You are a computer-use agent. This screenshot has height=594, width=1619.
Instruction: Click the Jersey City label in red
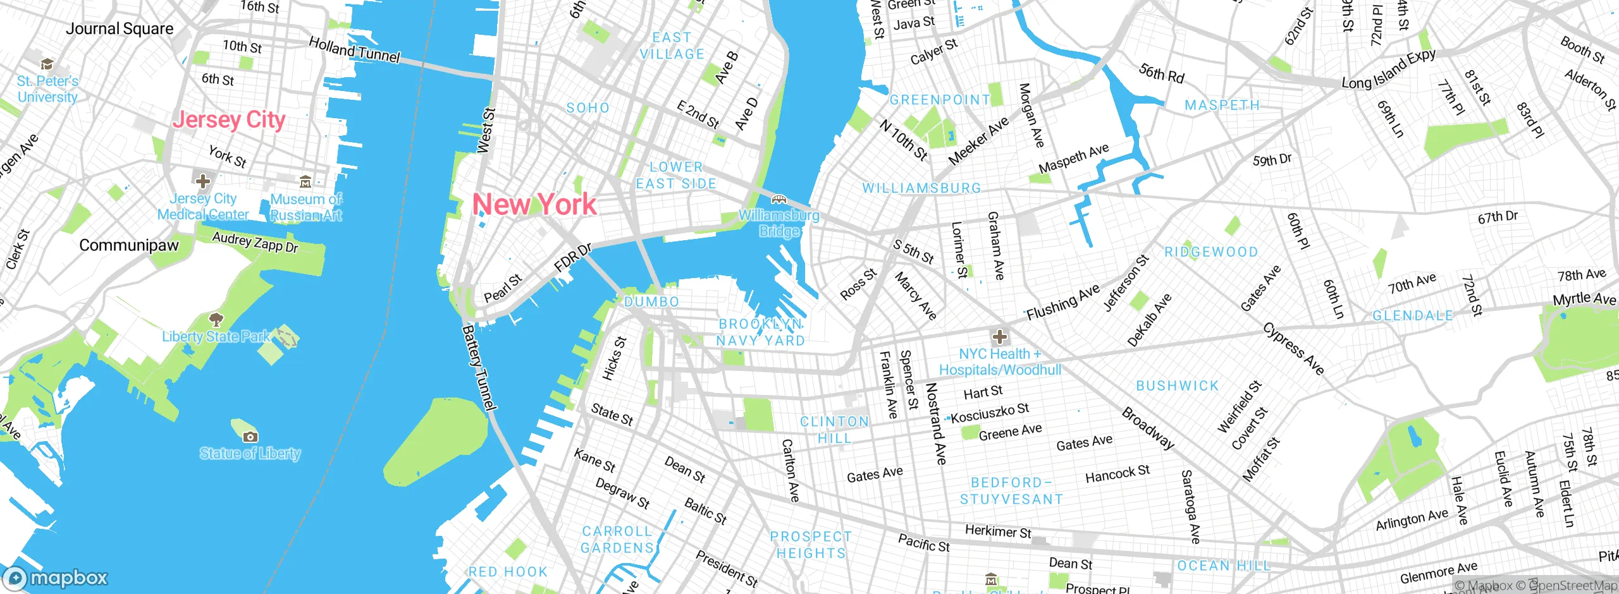pyautogui.click(x=229, y=119)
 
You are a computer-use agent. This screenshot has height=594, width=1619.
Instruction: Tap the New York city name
pyautogui.click(x=534, y=204)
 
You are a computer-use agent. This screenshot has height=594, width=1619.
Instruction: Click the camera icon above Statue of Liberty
pyautogui.click(x=250, y=437)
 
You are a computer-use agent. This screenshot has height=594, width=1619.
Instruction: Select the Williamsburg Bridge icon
pyautogui.click(x=779, y=200)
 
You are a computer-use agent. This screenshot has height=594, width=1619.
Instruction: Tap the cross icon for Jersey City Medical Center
pyautogui.click(x=203, y=181)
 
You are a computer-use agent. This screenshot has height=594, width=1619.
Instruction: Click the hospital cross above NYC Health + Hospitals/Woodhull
pyautogui.click(x=1000, y=337)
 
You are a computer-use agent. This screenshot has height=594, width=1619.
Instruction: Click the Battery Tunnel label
pyautogui.click(x=479, y=368)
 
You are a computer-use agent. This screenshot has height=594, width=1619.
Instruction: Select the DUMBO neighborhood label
pyautogui.click(x=651, y=302)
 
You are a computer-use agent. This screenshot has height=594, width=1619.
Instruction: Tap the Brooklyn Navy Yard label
pyautogui.click(x=760, y=332)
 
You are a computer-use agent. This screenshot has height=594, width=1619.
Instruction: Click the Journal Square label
pyautogui.click(x=120, y=29)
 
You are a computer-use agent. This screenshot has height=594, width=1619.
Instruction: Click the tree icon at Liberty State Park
pyautogui.click(x=216, y=319)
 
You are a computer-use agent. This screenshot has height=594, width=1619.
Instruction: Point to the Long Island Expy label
pyautogui.click(x=1389, y=69)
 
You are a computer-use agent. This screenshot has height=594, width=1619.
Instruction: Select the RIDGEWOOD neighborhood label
pyautogui.click(x=1211, y=252)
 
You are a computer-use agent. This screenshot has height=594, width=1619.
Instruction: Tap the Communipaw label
pyautogui.click(x=129, y=245)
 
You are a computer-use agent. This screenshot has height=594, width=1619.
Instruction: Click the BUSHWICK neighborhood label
pyautogui.click(x=1177, y=385)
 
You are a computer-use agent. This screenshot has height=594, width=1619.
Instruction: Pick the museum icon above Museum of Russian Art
pyautogui.click(x=305, y=182)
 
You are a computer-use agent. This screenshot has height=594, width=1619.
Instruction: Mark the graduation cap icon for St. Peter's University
pyautogui.click(x=47, y=64)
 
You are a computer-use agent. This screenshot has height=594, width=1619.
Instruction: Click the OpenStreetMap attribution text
pyautogui.click(x=1575, y=586)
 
